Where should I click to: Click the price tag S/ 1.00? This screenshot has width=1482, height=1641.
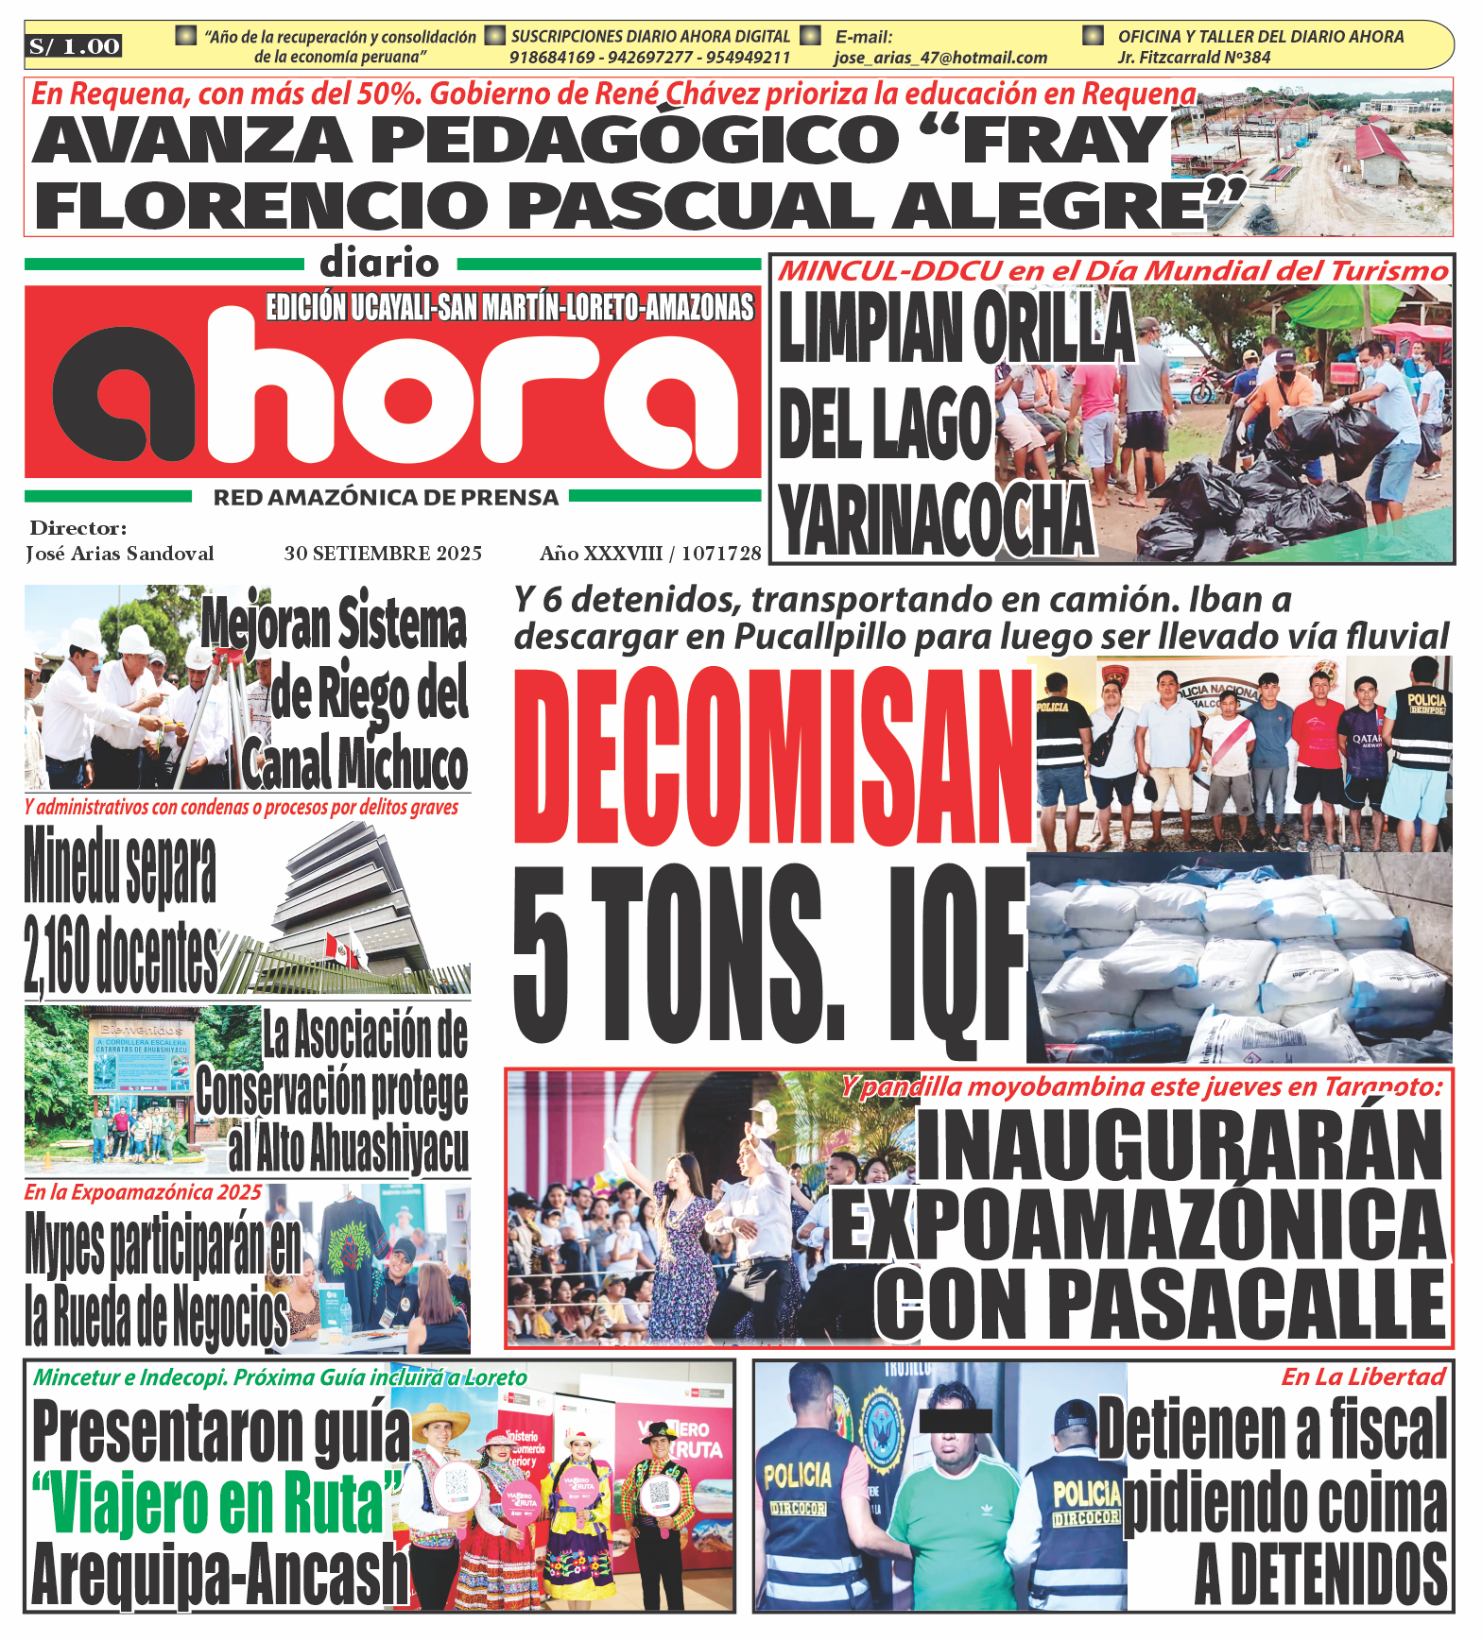click(x=75, y=46)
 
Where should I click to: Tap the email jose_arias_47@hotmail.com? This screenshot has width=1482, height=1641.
click(x=939, y=58)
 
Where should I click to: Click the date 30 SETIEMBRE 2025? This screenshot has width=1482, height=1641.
click(x=383, y=553)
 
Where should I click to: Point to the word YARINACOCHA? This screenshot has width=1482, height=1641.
click(x=937, y=521)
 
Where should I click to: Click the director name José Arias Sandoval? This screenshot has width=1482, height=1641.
click(x=120, y=554)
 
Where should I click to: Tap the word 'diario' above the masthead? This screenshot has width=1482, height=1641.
click(x=379, y=263)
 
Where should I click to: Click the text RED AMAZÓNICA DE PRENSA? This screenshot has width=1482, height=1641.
click(x=386, y=497)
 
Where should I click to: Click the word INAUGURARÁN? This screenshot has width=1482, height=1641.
click(x=1180, y=1146)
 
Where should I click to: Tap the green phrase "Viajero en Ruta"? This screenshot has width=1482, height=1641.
click(x=216, y=1505)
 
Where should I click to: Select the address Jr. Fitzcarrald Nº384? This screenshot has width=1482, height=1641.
click(x=1194, y=58)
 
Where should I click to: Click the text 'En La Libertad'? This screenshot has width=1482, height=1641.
click(x=1363, y=1376)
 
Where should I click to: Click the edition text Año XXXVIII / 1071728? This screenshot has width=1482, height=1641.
click(x=650, y=553)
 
